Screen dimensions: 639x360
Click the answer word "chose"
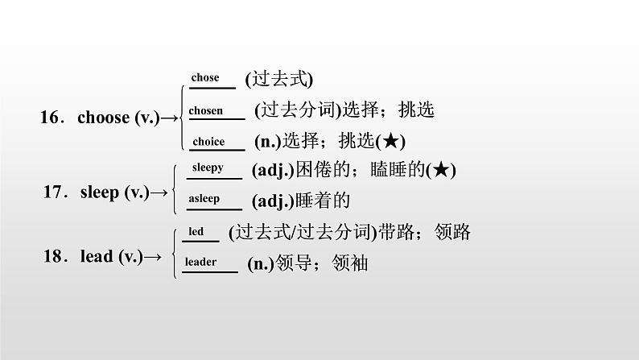coord(205,78)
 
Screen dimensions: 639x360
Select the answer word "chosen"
coord(206,111)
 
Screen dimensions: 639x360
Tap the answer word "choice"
coord(208,142)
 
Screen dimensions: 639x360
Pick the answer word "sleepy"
coord(208,168)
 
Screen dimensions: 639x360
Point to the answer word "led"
coord(196,232)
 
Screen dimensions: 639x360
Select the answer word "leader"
coord(200,262)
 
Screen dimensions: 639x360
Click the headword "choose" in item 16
coord(103,118)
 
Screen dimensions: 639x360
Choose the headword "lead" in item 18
coord(97,257)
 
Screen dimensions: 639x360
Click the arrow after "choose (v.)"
coord(169,118)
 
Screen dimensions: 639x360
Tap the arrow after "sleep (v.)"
coord(159,192)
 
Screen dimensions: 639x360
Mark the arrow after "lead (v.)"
coord(152,257)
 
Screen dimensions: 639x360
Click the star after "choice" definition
coord(390,142)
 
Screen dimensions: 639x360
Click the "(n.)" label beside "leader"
coord(258,263)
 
